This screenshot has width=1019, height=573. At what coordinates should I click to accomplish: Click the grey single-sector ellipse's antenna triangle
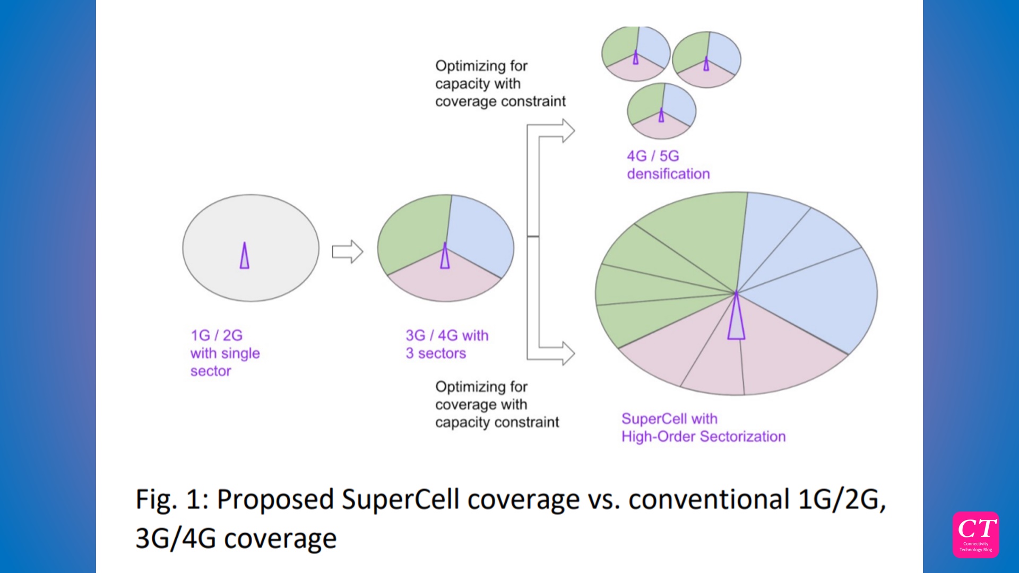(244, 256)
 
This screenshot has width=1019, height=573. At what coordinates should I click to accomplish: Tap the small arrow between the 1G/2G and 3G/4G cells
(348, 251)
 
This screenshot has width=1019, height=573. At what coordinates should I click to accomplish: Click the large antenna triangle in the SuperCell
(736, 318)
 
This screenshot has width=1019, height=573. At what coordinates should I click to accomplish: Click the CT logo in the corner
(975, 534)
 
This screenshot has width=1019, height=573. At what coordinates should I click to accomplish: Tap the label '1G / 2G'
(217, 335)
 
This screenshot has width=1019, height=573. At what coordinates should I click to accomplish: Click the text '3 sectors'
(436, 353)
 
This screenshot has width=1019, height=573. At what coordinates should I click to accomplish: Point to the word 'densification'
(668, 174)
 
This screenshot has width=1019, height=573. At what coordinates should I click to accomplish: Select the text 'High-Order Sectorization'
(703, 437)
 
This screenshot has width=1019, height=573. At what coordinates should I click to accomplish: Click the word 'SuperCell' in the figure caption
(400, 500)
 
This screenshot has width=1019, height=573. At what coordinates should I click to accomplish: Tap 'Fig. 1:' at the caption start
(172, 500)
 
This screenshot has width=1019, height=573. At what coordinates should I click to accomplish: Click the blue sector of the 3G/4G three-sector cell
(478, 233)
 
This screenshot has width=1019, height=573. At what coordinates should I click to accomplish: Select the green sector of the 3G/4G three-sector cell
(411, 233)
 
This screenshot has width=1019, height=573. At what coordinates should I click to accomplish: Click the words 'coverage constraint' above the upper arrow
(500, 101)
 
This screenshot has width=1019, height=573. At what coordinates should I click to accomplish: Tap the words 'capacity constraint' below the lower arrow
(497, 422)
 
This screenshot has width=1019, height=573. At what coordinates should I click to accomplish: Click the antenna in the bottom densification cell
(661, 116)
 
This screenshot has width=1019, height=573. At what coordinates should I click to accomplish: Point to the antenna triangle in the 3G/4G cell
(445, 257)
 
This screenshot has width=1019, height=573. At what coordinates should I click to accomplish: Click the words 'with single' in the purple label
(225, 353)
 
